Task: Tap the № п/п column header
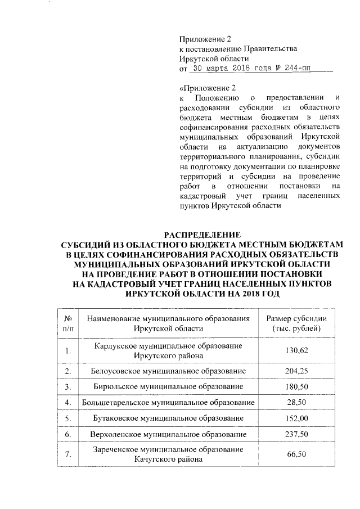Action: tap(69, 323)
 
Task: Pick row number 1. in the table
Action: tap(68, 351)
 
